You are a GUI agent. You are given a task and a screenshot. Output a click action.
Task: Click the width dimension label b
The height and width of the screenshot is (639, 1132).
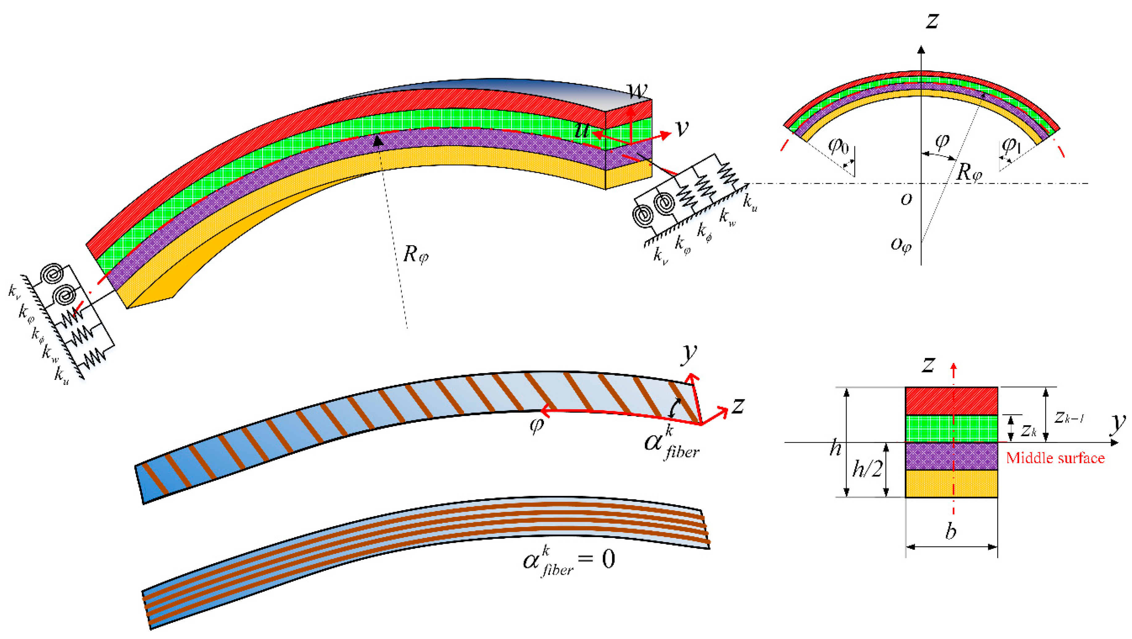951,531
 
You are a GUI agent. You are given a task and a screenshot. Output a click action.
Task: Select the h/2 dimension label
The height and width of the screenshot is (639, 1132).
867,469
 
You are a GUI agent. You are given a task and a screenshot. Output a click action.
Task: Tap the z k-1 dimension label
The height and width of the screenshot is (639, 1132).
1069,417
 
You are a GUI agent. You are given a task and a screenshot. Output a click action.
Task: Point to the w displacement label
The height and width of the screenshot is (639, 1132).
637,90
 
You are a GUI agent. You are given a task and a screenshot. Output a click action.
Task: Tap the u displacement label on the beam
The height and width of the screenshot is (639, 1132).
582,130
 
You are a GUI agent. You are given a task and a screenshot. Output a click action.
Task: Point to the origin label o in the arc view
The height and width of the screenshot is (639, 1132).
906,199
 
